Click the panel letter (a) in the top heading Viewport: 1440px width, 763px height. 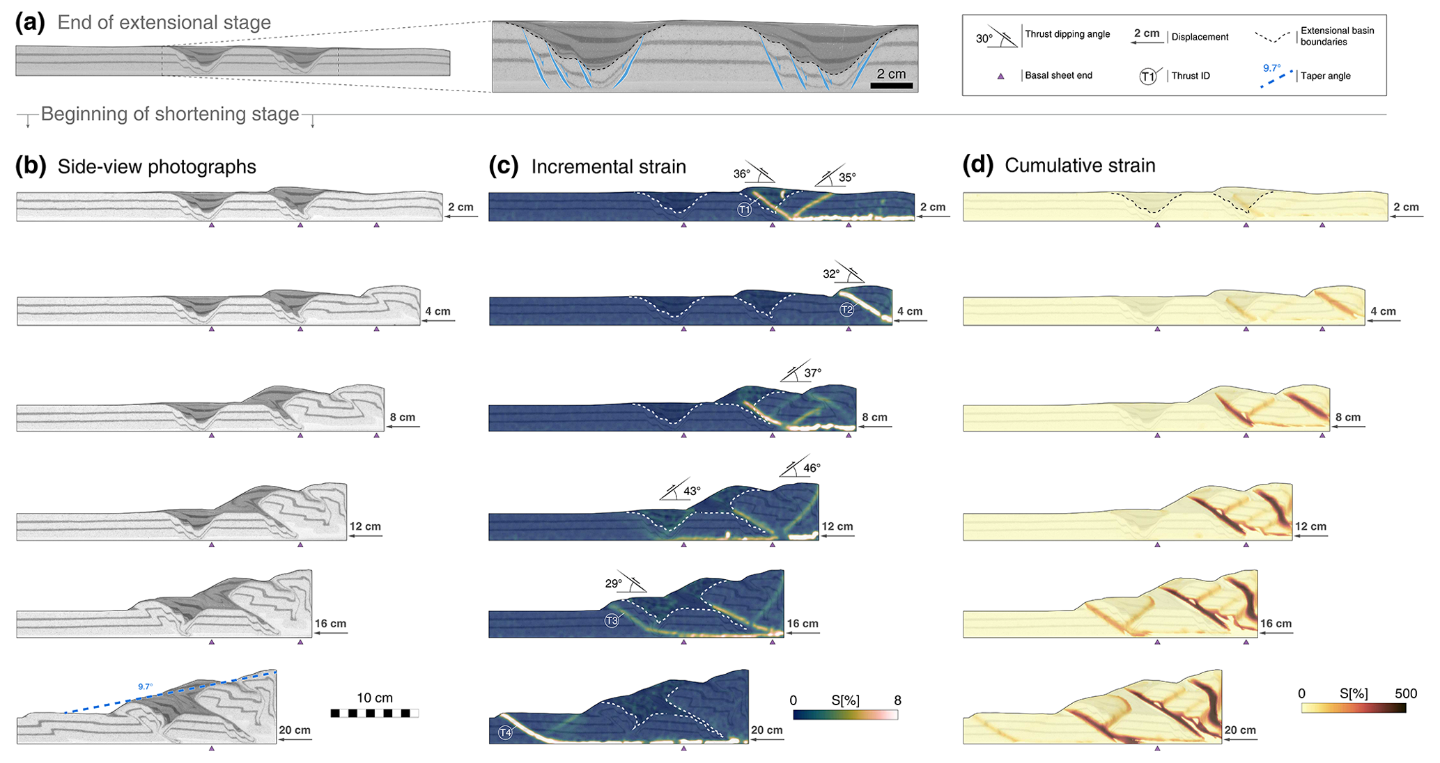(30, 22)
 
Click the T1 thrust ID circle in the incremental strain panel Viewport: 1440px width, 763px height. (745, 209)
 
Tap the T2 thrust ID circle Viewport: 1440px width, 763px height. (846, 310)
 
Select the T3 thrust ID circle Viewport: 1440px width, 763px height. (612, 620)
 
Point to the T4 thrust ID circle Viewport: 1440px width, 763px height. (505, 732)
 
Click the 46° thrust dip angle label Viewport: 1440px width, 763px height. (812, 468)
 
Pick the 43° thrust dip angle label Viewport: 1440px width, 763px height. (692, 491)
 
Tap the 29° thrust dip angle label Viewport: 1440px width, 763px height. (613, 583)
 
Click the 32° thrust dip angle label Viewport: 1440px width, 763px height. (830, 274)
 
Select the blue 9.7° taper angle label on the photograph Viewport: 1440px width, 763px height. (145, 686)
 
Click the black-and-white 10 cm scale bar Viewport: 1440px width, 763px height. (375, 713)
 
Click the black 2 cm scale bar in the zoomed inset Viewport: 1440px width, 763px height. (891, 86)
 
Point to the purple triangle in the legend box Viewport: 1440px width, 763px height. (1000, 76)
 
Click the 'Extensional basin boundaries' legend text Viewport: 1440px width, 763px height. (1337, 36)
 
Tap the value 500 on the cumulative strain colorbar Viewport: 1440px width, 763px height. (1406, 693)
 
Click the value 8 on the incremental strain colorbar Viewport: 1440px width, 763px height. (897, 700)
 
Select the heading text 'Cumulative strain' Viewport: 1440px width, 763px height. (1080, 166)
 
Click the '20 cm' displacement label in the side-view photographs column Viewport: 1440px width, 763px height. (295, 730)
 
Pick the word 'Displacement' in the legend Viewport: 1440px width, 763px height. (1200, 37)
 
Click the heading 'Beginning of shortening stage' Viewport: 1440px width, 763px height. (170, 114)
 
